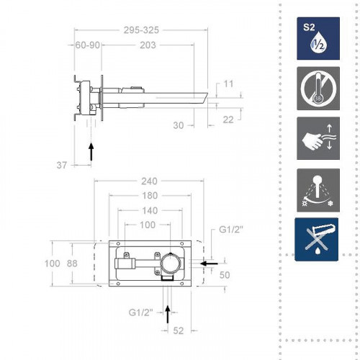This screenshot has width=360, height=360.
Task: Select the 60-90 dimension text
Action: [88, 45]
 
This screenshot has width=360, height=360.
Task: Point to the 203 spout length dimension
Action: [148, 45]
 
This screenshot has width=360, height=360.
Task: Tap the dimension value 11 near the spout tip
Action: [229, 84]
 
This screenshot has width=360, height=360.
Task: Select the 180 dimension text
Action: [150, 197]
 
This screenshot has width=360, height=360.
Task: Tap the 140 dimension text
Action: [150, 210]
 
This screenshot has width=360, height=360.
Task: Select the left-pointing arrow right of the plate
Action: [209, 264]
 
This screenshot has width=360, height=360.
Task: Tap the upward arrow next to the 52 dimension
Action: [168, 314]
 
